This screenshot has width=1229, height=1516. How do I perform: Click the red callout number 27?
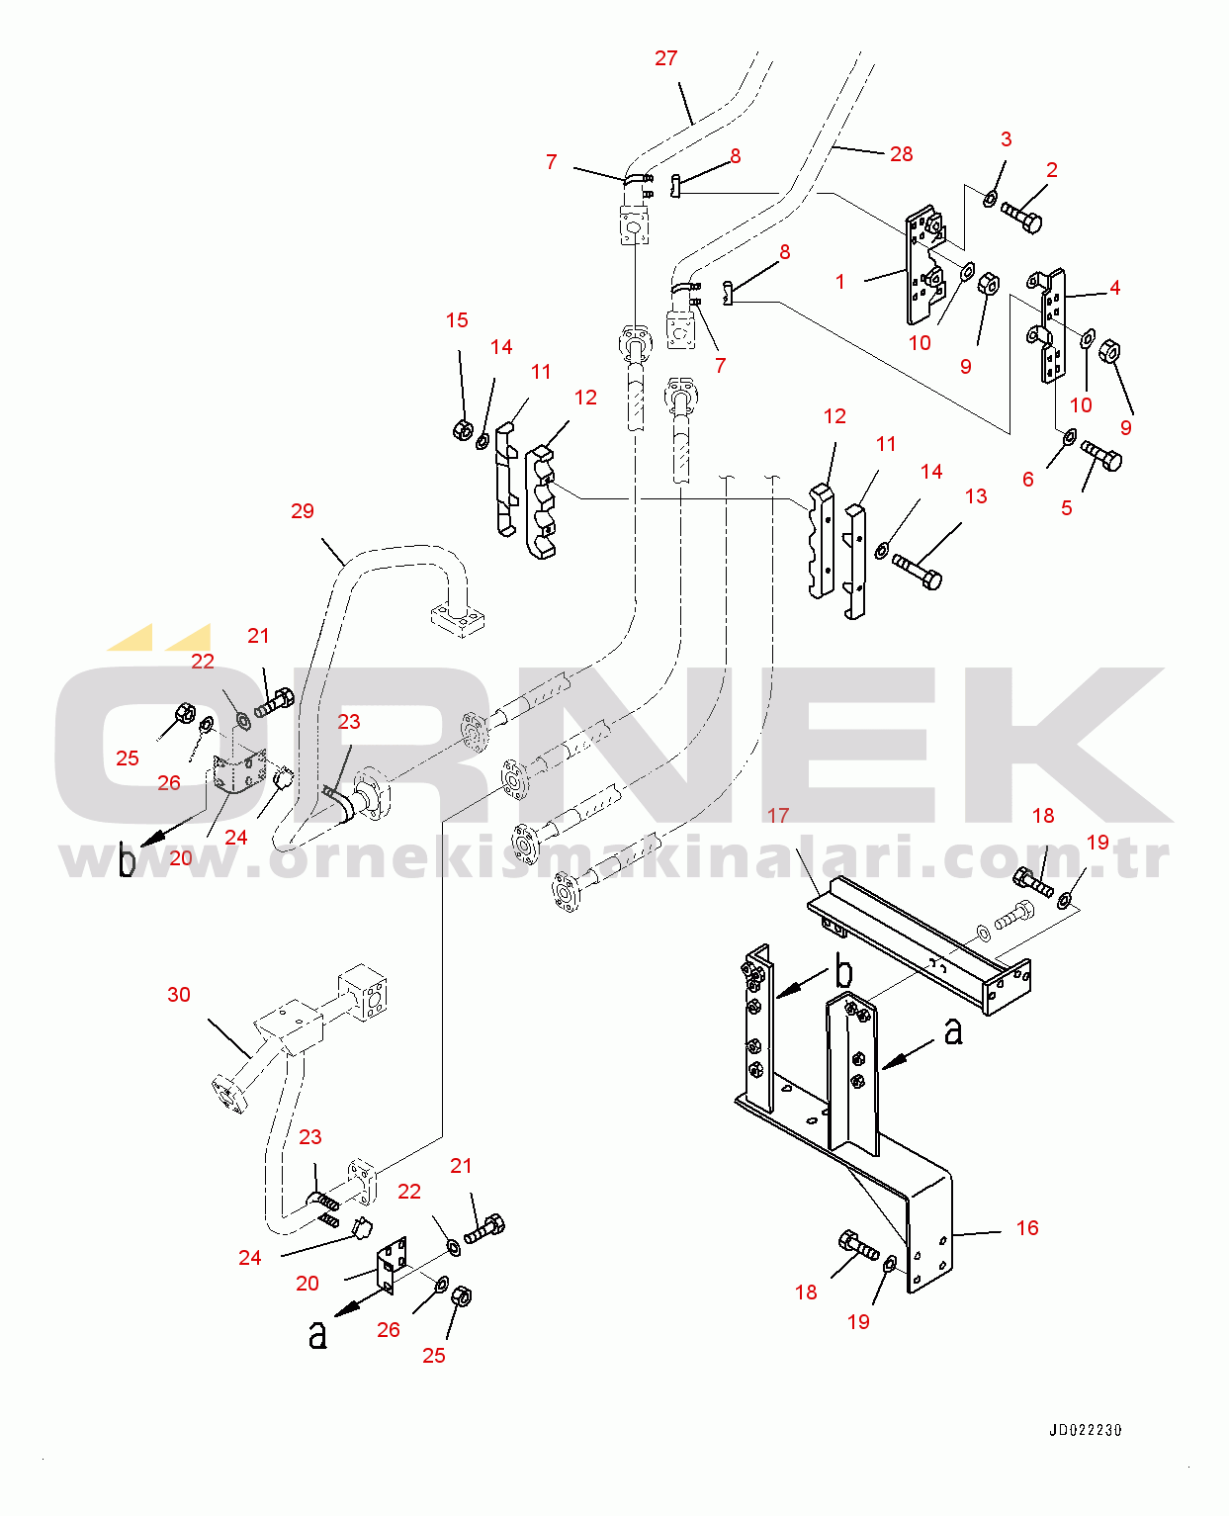pyautogui.click(x=665, y=58)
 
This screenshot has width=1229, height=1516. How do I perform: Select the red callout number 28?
pyautogui.click(x=901, y=154)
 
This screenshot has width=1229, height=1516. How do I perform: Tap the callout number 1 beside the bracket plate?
pyautogui.click(x=839, y=282)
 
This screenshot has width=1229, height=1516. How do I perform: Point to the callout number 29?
pyautogui.click(x=303, y=511)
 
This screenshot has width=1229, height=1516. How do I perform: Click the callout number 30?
pyautogui.click(x=179, y=994)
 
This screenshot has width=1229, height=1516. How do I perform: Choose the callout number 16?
pyautogui.click(x=1027, y=1227)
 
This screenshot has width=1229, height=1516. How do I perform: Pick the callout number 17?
pyautogui.click(x=778, y=815)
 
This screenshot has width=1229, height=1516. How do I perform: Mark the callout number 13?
pyautogui.click(x=976, y=496)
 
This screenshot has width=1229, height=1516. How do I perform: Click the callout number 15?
pyautogui.click(x=457, y=320)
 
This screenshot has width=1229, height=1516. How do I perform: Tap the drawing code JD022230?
pyautogui.click(x=1086, y=1430)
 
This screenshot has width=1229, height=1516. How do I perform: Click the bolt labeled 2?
pyautogui.click(x=1021, y=218)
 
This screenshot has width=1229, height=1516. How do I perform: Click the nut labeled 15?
pyautogui.click(x=463, y=429)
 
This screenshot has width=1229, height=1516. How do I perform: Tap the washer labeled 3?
pyautogui.click(x=990, y=198)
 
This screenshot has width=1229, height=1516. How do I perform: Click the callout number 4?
pyautogui.click(x=1114, y=288)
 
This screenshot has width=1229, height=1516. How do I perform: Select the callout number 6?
pyautogui.click(x=1027, y=480)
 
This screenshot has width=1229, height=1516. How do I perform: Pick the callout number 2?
pyautogui.click(x=1052, y=170)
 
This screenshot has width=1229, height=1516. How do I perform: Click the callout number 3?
pyautogui.click(x=1006, y=139)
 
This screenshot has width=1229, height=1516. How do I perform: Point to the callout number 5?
pyautogui.click(x=1066, y=508)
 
